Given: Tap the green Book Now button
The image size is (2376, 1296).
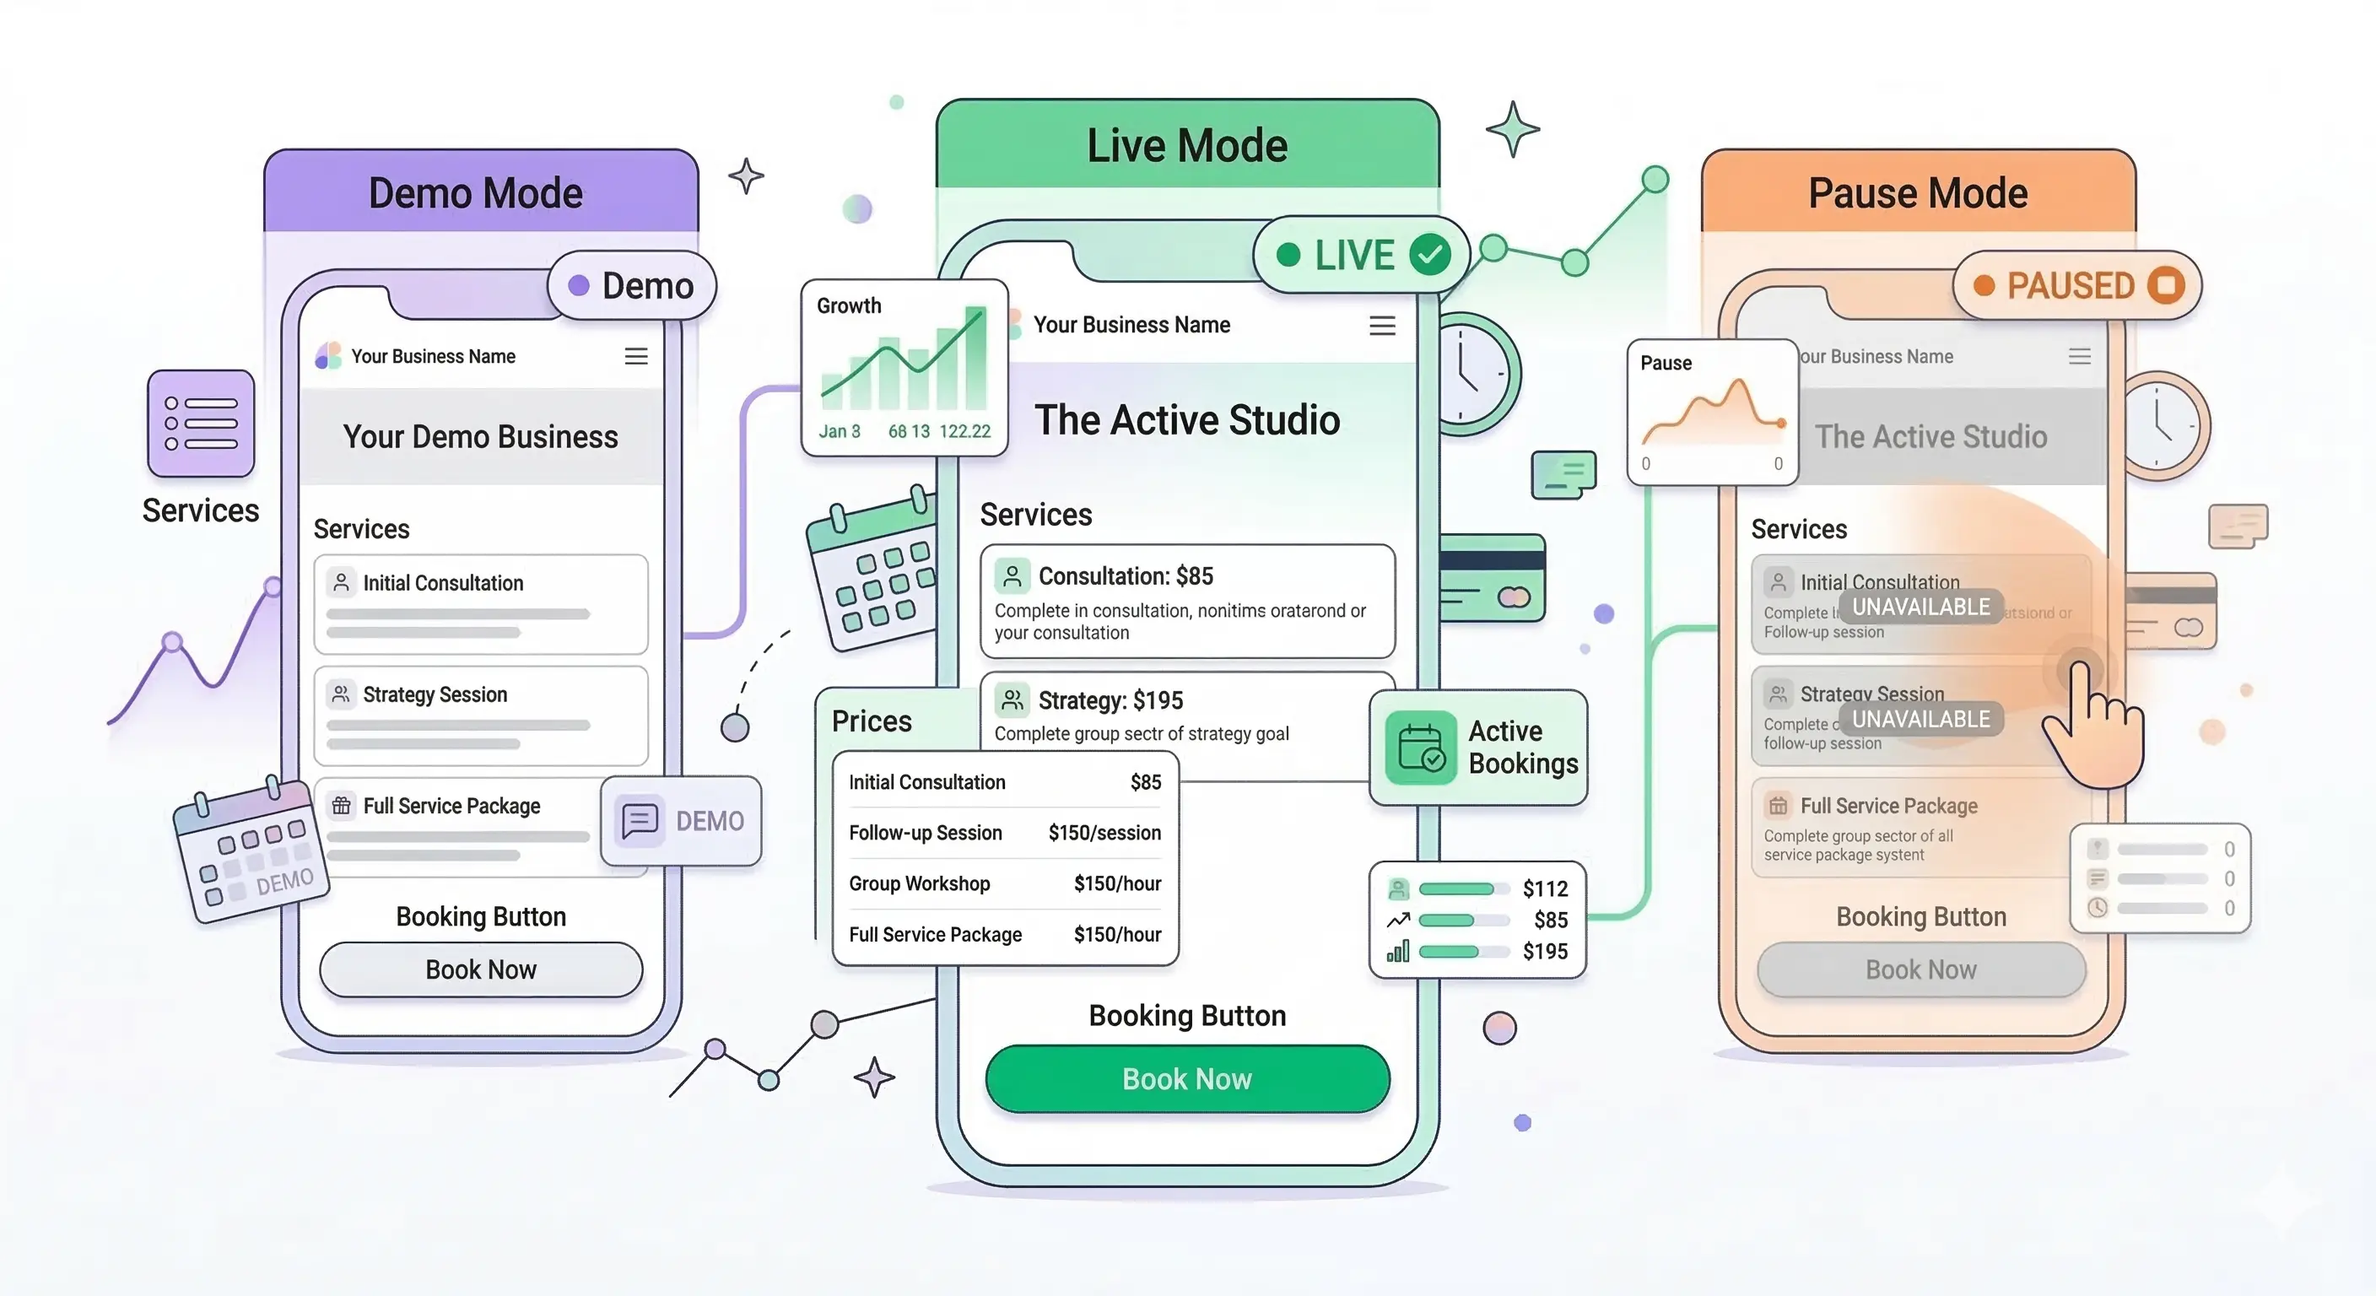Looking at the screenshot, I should point(1186,1078).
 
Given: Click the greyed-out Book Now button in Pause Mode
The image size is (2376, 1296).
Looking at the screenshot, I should point(1920,969).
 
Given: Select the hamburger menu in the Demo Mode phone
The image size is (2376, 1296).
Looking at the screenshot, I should point(635,356).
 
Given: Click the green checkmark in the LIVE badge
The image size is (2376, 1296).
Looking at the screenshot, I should point(1429,255).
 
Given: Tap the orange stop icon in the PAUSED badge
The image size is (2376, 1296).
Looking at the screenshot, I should point(2165,285).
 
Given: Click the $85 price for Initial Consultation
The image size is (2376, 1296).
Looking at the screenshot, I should point(1145,782).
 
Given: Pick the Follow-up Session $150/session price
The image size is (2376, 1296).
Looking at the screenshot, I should point(1104,833).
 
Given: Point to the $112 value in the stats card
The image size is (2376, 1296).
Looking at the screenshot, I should point(1544,888).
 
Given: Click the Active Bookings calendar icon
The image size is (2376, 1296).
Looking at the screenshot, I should point(1420,748).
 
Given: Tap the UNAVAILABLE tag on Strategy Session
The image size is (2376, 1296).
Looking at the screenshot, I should point(1920,719).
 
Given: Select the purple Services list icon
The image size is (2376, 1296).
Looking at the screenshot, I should point(201,424).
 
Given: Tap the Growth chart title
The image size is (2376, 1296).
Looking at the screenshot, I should point(849,305).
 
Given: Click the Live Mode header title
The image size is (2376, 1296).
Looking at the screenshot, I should point(1186,146).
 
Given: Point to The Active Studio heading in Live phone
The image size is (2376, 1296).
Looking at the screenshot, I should point(1186,419).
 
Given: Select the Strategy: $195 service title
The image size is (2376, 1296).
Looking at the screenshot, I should point(1110,700).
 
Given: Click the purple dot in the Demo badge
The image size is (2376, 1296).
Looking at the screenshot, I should point(578,285).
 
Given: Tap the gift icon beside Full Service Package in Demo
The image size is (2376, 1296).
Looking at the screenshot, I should point(341,805).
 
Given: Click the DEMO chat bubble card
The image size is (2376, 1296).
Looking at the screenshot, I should point(681,820).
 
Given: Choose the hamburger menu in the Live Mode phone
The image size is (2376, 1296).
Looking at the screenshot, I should point(1382,325).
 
